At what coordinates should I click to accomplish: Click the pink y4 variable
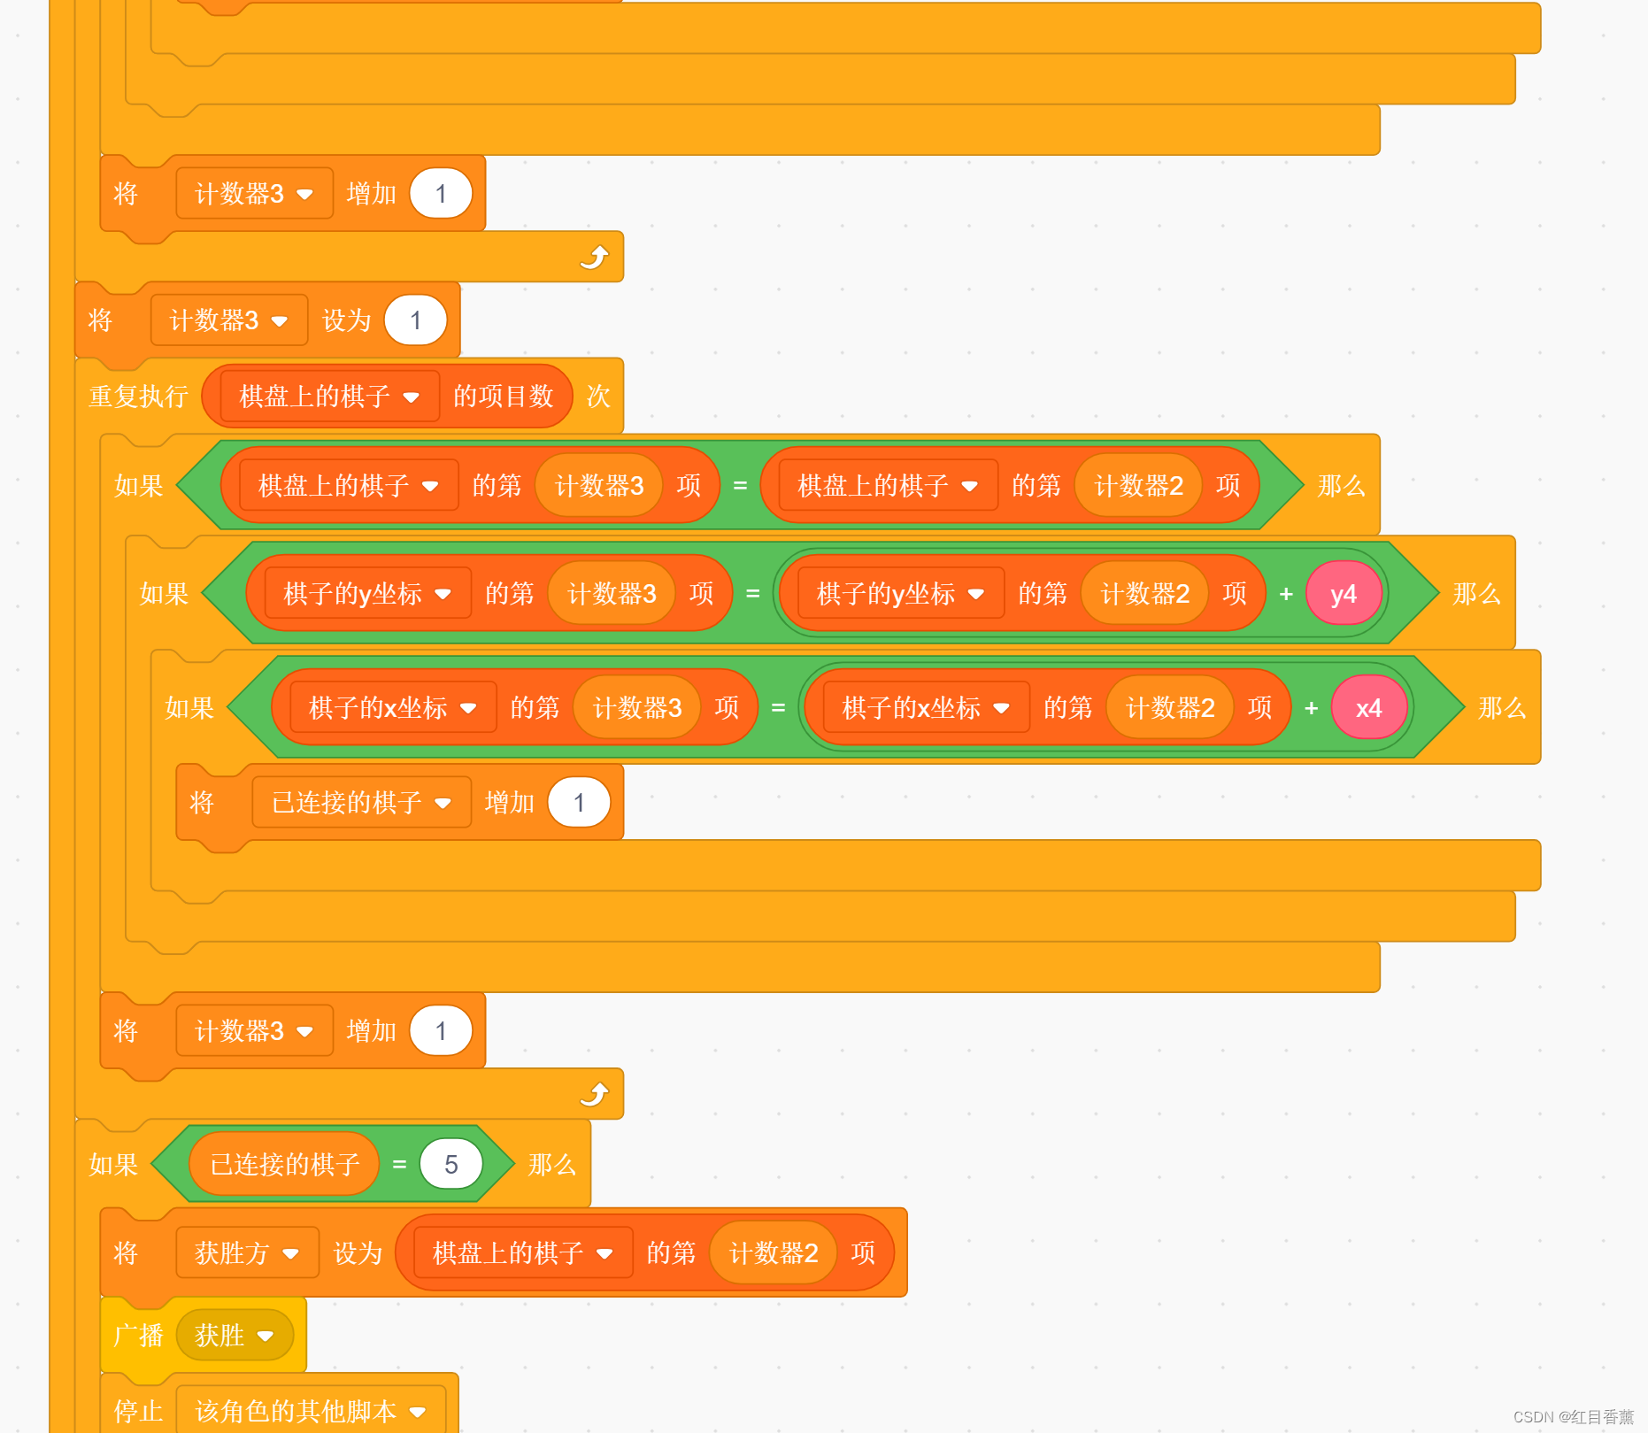click(x=1343, y=594)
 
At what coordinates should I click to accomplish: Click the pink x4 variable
click(x=1368, y=708)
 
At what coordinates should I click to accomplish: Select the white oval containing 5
click(x=451, y=1164)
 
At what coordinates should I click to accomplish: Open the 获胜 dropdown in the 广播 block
click(x=265, y=1336)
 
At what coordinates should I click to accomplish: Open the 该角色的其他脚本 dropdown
click(x=418, y=1412)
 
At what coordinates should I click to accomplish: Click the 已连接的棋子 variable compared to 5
click(x=284, y=1164)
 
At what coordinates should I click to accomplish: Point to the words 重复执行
click(x=138, y=397)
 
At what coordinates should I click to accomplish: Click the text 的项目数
click(x=503, y=397)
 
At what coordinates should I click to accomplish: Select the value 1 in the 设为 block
click(x=415, y=320)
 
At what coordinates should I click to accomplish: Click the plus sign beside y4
click(x=1286, y=594)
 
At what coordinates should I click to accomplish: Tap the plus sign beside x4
click(x=1311, y=708)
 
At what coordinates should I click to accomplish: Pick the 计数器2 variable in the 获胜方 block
click(x=773, y=1253)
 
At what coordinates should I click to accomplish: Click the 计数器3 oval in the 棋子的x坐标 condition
click(x=637, y=708)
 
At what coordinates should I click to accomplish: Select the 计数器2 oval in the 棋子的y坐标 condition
click(x=1144, y=594)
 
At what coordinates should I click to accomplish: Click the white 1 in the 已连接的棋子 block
click(x=579, y=803)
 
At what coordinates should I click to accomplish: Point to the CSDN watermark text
click(x=1573, y=1417)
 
